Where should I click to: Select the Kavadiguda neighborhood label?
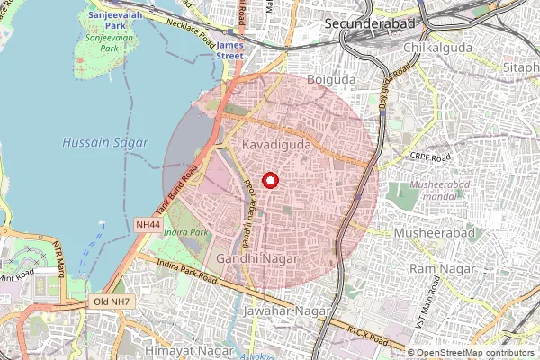(276, 144)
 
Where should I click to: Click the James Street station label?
(230, 49)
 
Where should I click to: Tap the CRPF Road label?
(428, 157)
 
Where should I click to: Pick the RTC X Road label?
(371, 338)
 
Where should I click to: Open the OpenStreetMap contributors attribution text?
(475, 353)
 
